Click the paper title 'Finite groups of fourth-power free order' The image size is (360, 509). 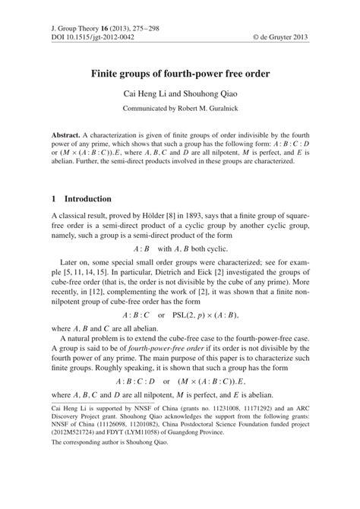coord(179,77)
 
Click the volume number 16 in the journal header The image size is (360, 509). coord(94,27)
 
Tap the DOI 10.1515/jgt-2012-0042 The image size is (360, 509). coord(81,36)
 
